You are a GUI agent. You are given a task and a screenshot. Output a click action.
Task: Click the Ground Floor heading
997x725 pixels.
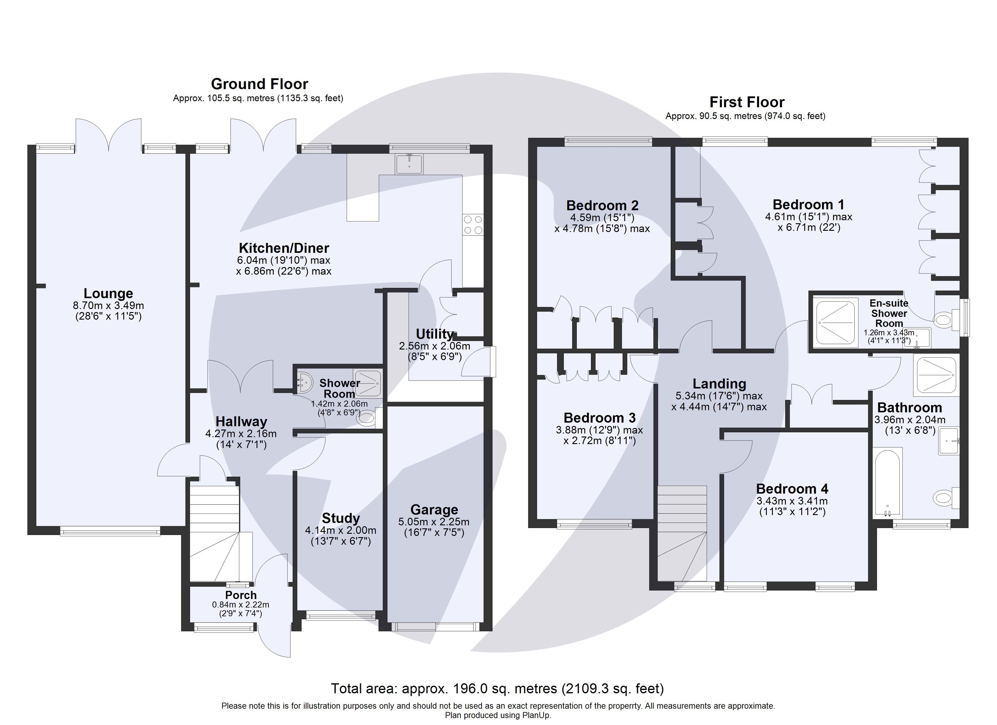click(259, 84)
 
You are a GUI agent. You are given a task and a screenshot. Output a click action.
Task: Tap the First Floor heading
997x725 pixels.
click(747, 102)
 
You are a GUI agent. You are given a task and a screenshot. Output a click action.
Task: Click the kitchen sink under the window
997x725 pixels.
click(409, 164)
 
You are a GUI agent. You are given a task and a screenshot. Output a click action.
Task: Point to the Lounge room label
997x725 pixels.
click(108, 293)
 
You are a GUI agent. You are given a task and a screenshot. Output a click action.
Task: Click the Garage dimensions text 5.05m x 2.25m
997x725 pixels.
click(434, 522)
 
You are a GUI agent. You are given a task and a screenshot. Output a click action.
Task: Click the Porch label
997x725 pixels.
click(240, 595)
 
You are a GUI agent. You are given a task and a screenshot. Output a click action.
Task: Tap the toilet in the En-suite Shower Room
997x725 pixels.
click(943, 319)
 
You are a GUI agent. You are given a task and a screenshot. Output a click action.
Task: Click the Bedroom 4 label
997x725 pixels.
click(792, 488)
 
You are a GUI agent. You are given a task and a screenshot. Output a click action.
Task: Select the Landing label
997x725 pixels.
click(719, 384)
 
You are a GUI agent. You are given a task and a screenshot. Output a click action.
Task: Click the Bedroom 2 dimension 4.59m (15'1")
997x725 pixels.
click(602, 217)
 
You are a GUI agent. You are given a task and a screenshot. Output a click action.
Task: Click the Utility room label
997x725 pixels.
click(434, 334)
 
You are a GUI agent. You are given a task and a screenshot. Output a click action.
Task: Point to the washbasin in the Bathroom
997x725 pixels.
click(949, 440)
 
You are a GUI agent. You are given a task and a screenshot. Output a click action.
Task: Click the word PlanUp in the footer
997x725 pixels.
click(536, 715)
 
